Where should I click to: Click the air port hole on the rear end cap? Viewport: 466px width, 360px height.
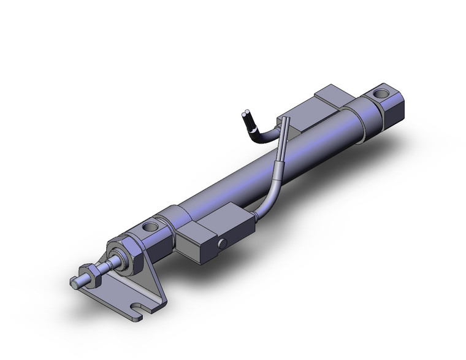[381, 95]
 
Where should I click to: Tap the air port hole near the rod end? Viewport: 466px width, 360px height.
[149, 228]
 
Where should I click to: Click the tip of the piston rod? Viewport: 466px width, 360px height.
[74, 283]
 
